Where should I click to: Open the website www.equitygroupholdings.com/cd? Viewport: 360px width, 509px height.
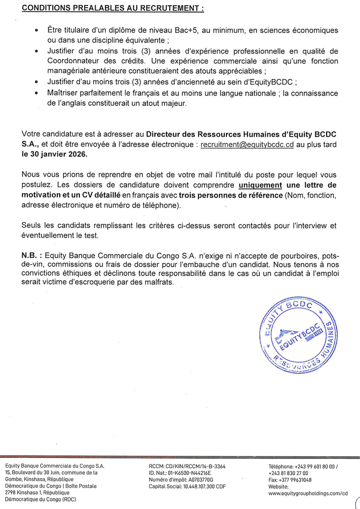pos(308,492)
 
